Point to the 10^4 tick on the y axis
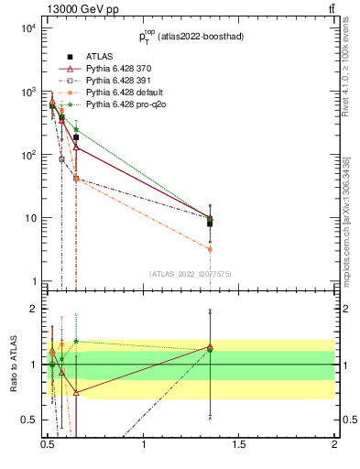click(x=27, y=28)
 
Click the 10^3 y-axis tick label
click(x=27, y=92)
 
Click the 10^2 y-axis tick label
click(x=27, y=155)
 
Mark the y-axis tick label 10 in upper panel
click(x=29, y=218)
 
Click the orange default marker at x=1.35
click(x=211, y=249)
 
